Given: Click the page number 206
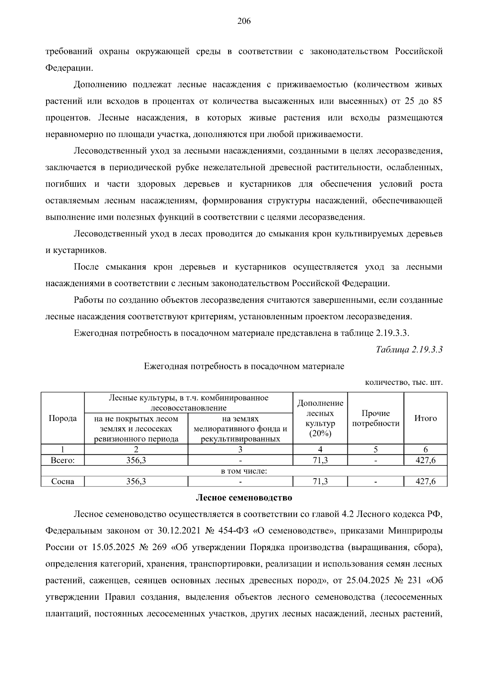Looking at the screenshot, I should tap(244, 21).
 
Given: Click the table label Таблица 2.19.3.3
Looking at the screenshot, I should tap(409, 349).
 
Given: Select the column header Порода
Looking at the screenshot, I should tap(63, 418).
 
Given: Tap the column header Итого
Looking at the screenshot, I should tap(425, 418).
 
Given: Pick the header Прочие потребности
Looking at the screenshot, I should tap(376, 418).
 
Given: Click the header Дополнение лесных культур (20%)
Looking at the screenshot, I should tap(320, 418).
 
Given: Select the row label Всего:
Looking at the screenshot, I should tap(63, 460).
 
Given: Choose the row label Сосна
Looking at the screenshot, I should tap(63, 481).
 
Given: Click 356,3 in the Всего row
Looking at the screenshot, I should tap(136, 460).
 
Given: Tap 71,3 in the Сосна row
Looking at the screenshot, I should tap(320, 481).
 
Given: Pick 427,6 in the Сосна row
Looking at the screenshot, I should tap(425, 481).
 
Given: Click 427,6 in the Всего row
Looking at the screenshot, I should tap(425, 460).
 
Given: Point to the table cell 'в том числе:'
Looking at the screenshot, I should tap(244, 471).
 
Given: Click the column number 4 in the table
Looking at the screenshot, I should tap(320, 450).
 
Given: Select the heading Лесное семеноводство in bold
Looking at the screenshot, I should tap(244, 498).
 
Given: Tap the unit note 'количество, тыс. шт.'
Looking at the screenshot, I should tap(403, 382).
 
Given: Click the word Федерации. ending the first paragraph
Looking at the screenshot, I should tap(69, 68).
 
